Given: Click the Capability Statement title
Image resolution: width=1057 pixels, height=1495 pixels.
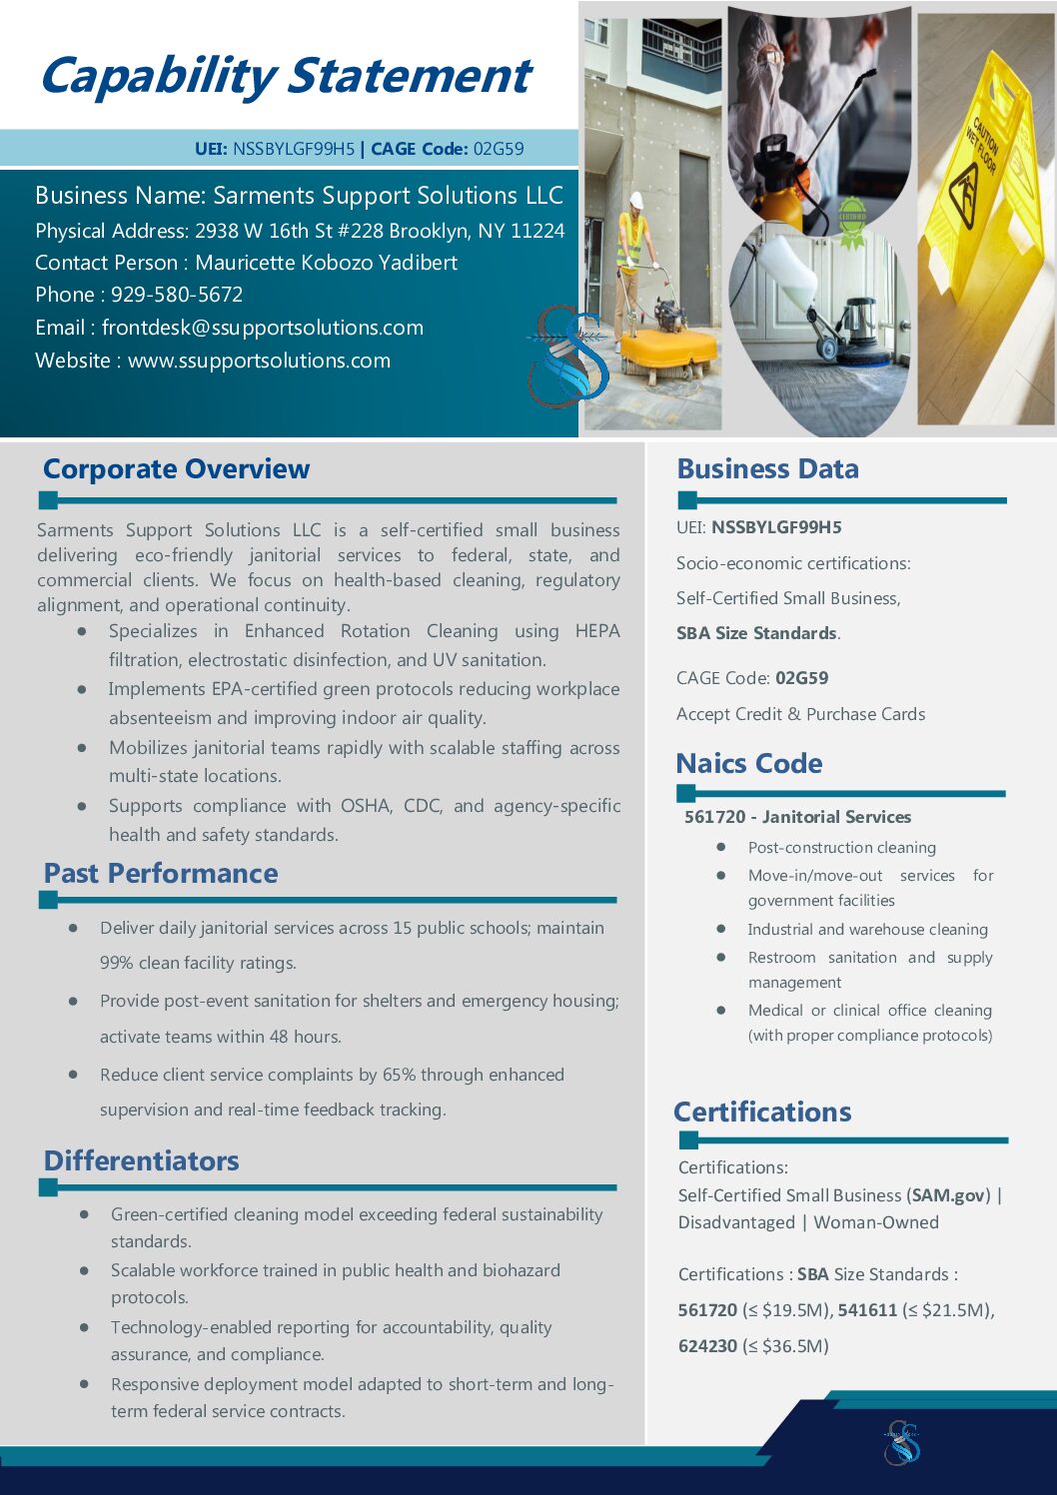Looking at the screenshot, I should point(286,76).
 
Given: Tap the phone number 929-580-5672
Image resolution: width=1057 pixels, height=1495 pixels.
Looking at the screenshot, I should point(177,295).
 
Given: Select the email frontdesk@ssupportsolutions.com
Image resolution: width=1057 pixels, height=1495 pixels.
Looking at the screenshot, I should point(263,328).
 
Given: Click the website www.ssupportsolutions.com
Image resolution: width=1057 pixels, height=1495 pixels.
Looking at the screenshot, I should point(259,361).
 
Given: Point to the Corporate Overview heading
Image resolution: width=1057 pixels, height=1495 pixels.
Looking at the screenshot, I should point(176,468).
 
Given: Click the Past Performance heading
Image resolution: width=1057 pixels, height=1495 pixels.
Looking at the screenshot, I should point(161,873).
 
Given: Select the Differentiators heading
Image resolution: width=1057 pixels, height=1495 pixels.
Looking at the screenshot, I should point(141,1160).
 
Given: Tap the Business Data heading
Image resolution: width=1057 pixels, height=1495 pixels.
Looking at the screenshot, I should point(767,468).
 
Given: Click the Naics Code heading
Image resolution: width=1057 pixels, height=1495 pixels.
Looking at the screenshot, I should point(749,763).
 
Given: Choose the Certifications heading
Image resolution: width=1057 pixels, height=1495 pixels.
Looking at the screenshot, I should point(762,1112).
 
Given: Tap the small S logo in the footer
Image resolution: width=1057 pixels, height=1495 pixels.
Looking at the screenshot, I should point(902,1442).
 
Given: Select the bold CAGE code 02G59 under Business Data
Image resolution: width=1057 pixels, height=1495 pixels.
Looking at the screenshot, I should point(802,678).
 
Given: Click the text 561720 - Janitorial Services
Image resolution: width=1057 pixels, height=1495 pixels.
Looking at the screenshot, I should point(797,817).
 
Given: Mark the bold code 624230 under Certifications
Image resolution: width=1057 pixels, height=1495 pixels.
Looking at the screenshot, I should point(707,1346).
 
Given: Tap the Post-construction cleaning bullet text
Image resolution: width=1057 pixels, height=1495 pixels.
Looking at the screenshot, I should point(842,848).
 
